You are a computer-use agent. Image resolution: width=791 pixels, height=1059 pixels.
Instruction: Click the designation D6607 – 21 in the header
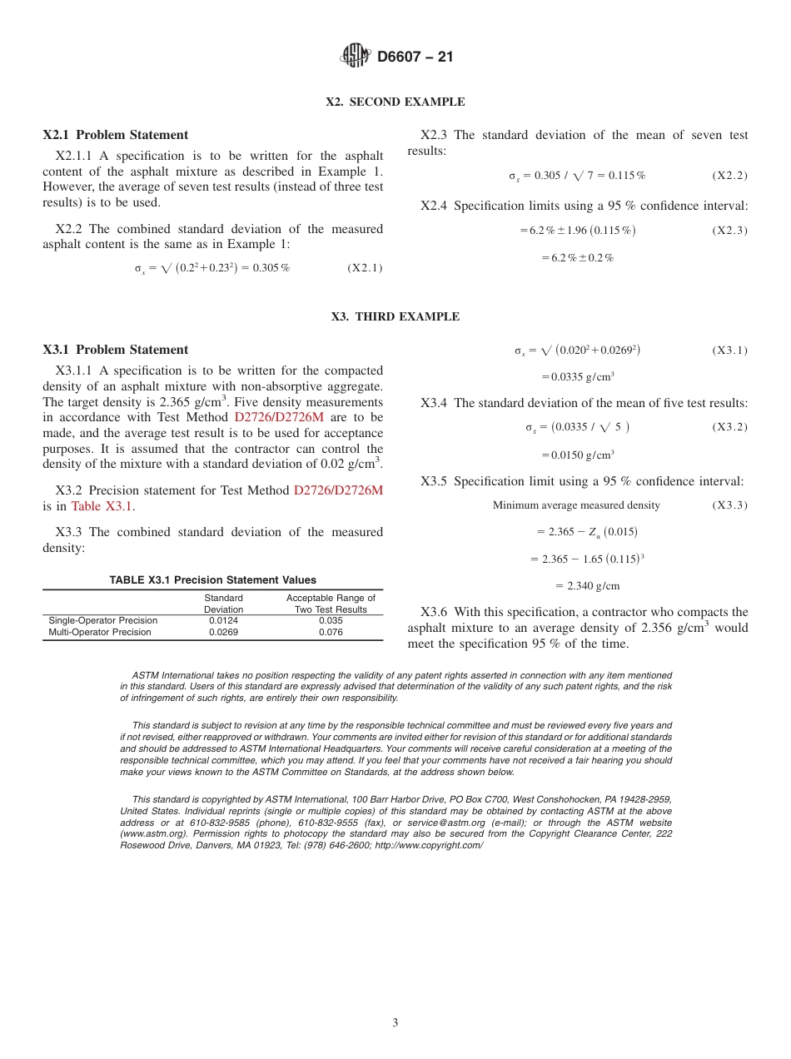coord(415,57)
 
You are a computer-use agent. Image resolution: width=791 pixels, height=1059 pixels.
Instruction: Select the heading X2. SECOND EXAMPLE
coord(395,102)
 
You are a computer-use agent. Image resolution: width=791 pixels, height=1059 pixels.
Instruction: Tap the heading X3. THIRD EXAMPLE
coord(395,316)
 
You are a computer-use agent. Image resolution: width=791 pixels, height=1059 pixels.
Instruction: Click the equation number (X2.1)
coord(365,268)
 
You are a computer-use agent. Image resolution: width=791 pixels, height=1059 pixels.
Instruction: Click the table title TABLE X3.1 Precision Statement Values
coord(212,580)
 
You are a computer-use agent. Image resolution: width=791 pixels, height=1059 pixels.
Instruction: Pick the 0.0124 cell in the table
coord(223,620)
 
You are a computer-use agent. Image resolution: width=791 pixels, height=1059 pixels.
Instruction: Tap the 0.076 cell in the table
coord(331,632)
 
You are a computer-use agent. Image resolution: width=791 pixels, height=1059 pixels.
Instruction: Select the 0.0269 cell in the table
coord(223,632)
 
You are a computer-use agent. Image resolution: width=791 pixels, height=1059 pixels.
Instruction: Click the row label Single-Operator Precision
coord(102,620)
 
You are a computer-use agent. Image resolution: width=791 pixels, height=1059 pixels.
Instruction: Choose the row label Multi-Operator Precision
coord(100,632)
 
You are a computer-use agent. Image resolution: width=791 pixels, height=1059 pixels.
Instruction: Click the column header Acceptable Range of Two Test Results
coord(331,604)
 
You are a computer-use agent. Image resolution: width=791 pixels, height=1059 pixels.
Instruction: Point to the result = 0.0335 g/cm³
coord(578,376)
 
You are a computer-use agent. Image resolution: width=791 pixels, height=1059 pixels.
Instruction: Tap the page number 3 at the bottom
coord(395,1023)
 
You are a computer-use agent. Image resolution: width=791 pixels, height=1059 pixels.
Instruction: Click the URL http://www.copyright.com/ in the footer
coord(429,845)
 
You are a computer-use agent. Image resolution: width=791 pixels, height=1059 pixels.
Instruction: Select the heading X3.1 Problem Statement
coord(115,350)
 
